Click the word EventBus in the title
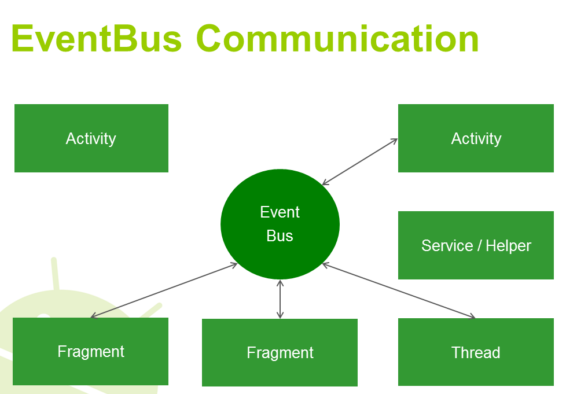[x=96, y=39]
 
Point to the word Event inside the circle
[x=280, y=212]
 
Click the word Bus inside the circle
[x=280, y=236]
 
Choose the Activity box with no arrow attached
[x=91, y=138]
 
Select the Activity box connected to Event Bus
[x=476, y=138]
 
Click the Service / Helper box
[x=476, y=245]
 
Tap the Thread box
[x=476, y=352]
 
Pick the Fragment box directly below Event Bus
[x=280, y=352]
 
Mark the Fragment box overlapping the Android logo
[x=90, y=351]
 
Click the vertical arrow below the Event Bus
[x=280, y=299]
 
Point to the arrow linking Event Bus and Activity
[x=360, y=162]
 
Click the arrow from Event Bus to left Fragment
[x=164, y=290]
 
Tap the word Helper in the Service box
[x=508, y=245]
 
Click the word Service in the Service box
[x=446, y=245]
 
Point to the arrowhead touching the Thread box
[x=473, y=316]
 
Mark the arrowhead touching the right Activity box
[x=395, y=140]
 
